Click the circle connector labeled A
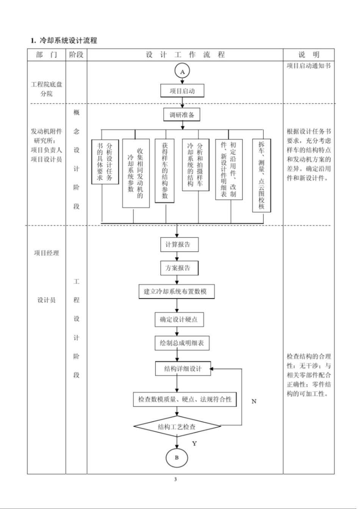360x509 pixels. (x=182, y=71)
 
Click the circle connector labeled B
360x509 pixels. (x=177, y=457)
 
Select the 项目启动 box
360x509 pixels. (x=182, y=91)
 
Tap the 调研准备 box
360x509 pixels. (x=182, y=115)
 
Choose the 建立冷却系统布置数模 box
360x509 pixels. (x=177, y=292)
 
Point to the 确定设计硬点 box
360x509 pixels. (x=179, y=319)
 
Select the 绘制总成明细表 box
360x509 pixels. (x=182, y=343)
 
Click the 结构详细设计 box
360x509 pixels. (x=183, y=368)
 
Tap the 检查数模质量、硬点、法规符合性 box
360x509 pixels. (x=185, y=399)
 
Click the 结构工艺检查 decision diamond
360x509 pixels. (x=177, y=427)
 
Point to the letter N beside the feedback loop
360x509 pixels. (x=254, y=401)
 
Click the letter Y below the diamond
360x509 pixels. (x=194, y=443)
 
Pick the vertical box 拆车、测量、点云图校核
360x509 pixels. (x=261, y=175)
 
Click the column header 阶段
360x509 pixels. (x=76, y=55)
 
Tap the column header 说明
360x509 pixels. (x=308, y=55)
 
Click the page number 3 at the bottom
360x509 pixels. (x=175, y=479)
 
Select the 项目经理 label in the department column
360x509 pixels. (x=47, y=253)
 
